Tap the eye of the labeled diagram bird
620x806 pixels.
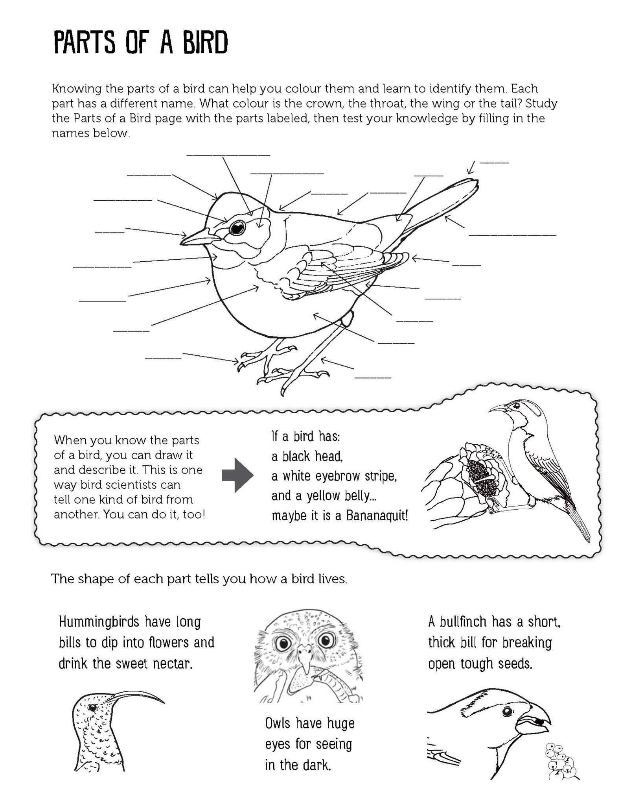[x=237, y=227]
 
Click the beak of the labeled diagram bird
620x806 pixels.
[x=197, y=237]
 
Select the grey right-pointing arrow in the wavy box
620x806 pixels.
[x=237, y=475]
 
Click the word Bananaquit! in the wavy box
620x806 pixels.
[x=377, y=516]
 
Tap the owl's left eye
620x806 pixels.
[x=283, y=643]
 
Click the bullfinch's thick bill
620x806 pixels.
[x=535, y=723]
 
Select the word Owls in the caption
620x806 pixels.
[x=278, y=723]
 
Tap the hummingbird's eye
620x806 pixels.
[x=93, y=707]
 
